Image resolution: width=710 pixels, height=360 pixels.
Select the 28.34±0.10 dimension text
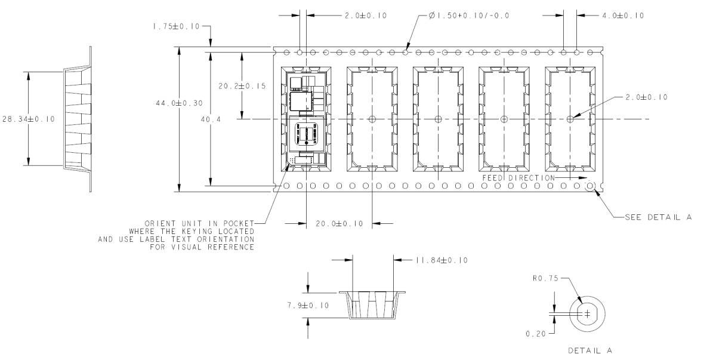28,119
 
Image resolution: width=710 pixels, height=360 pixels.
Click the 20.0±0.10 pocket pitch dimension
339,224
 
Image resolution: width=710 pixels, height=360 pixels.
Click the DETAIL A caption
590,350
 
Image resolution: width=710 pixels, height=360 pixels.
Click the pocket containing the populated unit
306,119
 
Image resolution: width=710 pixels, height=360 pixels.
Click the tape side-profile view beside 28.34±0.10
78,119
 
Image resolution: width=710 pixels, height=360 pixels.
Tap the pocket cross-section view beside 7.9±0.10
372,306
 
